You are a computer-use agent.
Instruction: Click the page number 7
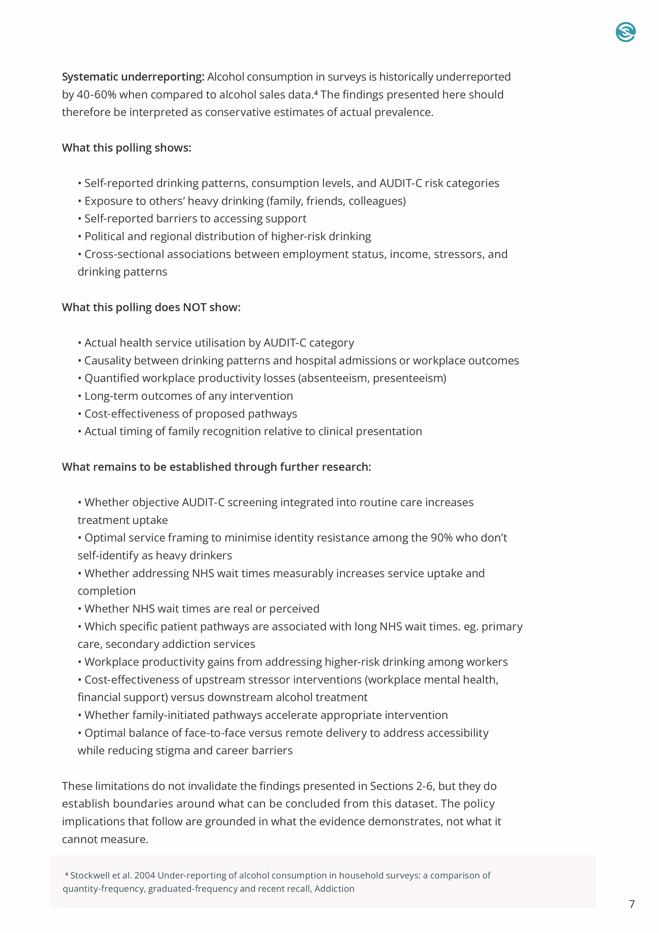point(631,904)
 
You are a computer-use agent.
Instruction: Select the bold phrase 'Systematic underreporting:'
point(133,77)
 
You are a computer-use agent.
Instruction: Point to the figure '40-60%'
point(96,95)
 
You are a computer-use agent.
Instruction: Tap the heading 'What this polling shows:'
point(126,148)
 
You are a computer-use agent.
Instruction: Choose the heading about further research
point(216,467)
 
